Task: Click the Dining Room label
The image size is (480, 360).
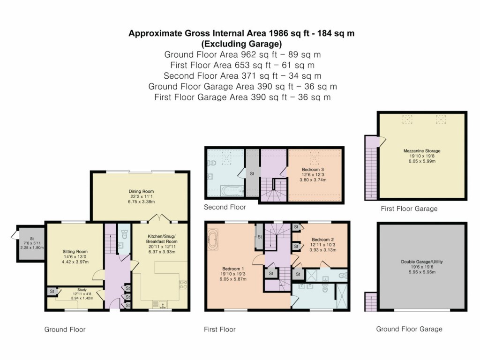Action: (x=142, y=191)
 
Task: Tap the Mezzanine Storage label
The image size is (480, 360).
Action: (x=422, y=151)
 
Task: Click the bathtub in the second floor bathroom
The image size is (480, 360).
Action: (x=232, y=191)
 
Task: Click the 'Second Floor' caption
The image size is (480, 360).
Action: (x=225, y=207)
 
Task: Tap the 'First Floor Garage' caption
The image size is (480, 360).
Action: (x=409, y=209)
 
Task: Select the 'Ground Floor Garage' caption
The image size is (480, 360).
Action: (x=409, y=329)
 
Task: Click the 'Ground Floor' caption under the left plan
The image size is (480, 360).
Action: (x=65, y=330)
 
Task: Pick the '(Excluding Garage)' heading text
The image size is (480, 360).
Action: (x=241, y=44)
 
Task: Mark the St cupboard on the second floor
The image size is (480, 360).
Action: (x=252, y=173)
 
